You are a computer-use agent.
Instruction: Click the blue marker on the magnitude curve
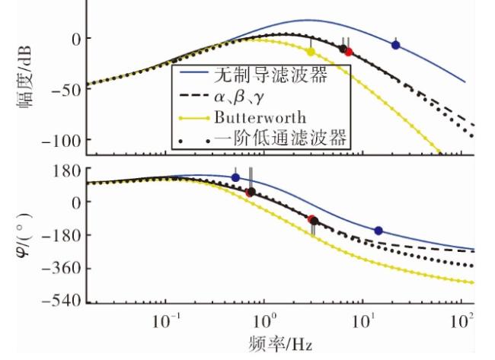pyautogui.click(x=395, y=45)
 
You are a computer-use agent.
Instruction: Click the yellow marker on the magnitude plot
pyautogui.click(x=311, y=52)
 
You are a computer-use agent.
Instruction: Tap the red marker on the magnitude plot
pyautogui.click(x=348, y=52)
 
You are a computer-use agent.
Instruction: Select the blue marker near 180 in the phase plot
pyautogui.click(x=235, y=177)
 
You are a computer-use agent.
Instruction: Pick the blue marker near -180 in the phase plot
pyautogui.click(x=378, y=231)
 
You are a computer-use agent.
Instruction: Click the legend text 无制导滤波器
pyautogui.click(x=271, y=75)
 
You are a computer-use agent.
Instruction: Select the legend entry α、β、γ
pyautogui.click(x=238, y=97)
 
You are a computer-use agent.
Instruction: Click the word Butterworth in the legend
pyautogui.click(x=260, y=118)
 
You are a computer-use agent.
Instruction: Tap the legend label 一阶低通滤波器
pyautogui.click(x=280, y=137)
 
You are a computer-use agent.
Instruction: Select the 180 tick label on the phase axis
pyautogui.click(x=67, y=171)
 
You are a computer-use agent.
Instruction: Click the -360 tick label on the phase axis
pyautogui.click(x=62, y=269)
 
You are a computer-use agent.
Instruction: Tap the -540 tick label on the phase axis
pyautogui.click(x=62, y=301)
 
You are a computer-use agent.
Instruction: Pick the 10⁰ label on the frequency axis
pyautogui.click(x=264, y=321)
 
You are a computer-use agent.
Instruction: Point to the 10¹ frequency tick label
pyautogui.click(x=363, y=321)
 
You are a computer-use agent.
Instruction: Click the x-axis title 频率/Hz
pyautogui.click(x=281, y=343)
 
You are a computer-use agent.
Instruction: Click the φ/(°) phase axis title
pyautogui.click(x=24, y=235)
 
